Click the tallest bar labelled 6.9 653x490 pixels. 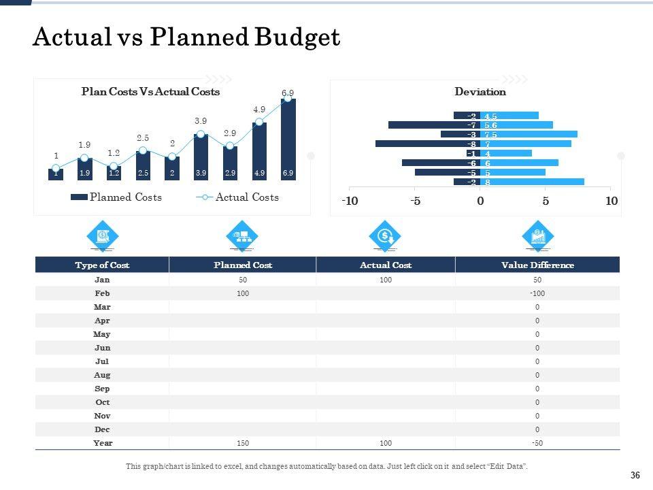click(x=288, y=140)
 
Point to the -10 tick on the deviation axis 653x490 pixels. click(x=350, y=201)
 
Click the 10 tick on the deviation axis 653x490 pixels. click(x=611, y=201)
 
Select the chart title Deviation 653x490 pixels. click(x=480, y=92)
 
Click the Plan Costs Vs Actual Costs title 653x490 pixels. click(x=150, y=92)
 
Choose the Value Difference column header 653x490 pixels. click(x=537, y=265)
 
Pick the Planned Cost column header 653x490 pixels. click(x=243, y=265)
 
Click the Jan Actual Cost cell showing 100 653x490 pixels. click(x=386, y=280)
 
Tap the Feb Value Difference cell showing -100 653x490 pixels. click(x=537, y=293)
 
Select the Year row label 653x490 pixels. click(x=103, y=443)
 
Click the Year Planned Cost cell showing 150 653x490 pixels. click(x=243, y=443)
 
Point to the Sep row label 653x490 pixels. click(x=103, y=389)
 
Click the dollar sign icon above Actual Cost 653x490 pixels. click(x=386, y=236)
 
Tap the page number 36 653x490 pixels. click(x=636, y=476)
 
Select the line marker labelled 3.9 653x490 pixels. click(x=201, y=134)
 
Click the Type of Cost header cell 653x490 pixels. click(x=102, y=265)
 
